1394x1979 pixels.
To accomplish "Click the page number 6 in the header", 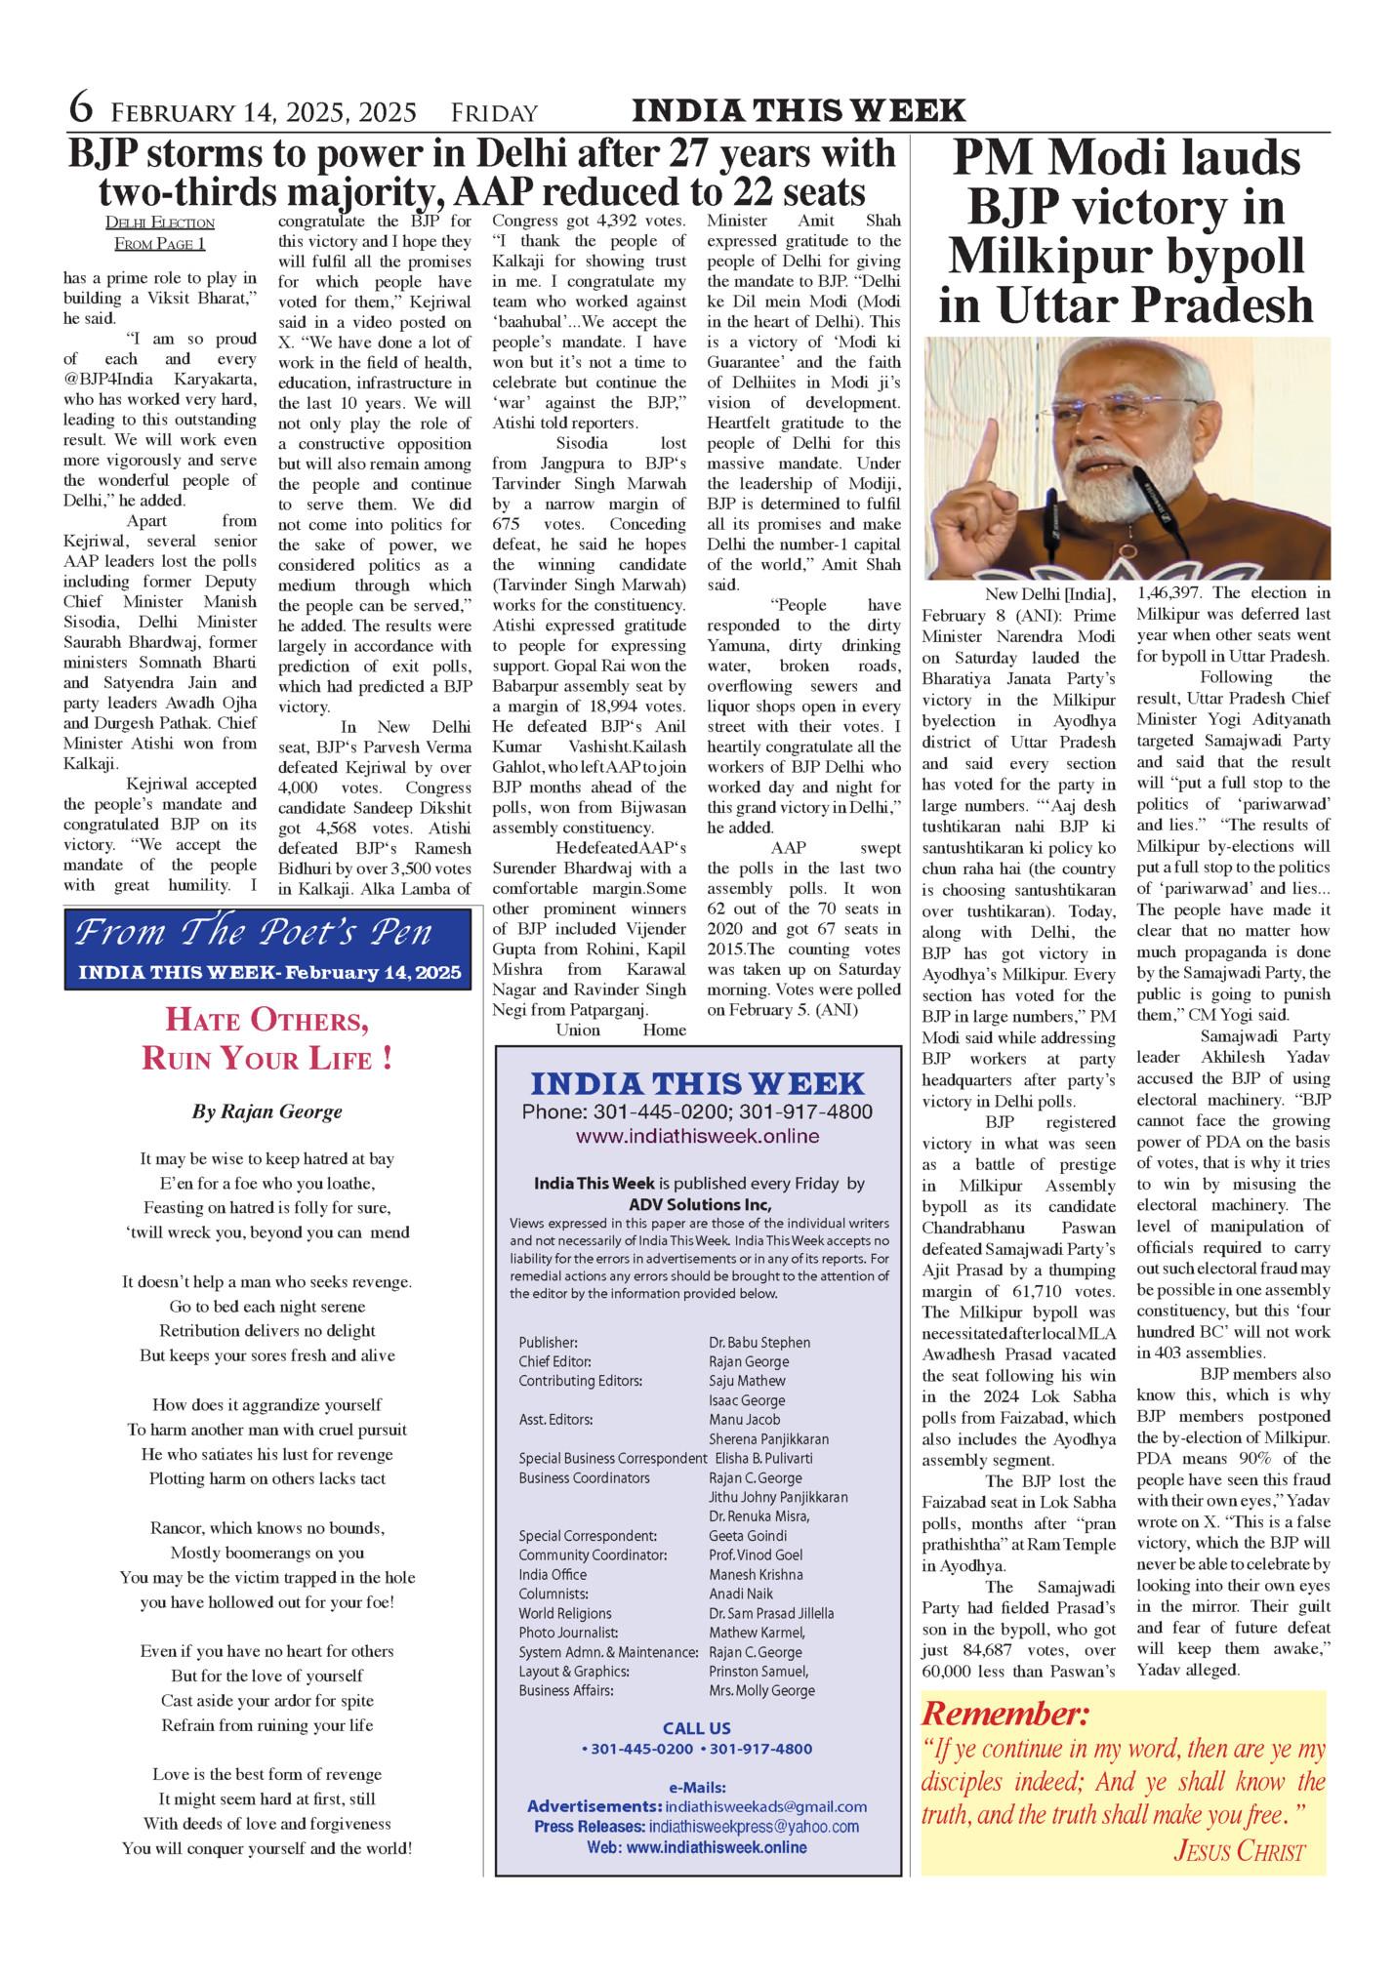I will (x=81, y=108).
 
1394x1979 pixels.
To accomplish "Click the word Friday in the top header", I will (x=494, y=113).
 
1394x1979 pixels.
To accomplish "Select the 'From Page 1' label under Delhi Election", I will (x=160, y=244).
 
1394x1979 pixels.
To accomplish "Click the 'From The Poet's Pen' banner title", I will (x=253, y=933).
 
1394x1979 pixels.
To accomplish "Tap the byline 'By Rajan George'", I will (x=267, y=1111).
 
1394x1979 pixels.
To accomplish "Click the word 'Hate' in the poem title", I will (x=200, y=1021).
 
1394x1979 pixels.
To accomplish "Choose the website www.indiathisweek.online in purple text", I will (x=697, y=1136).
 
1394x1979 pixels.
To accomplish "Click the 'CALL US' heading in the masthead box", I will (x=696, y=1728).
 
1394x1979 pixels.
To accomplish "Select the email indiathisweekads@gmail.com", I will (x=765, y=1806).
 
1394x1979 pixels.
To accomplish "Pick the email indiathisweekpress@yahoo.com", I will (x=754, y=1826).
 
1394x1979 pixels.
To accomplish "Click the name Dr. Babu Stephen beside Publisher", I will (x=759, y=1343).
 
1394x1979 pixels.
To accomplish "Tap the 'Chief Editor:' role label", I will (x=554, y=1361).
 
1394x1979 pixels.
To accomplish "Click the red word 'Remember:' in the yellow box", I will (x=1004, y=1714).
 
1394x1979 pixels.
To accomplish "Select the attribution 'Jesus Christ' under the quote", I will (x=1239, y=1851).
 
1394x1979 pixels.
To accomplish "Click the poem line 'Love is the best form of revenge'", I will (x=267, y=1774).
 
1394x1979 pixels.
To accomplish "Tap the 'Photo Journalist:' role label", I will (x=568, y=1633).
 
